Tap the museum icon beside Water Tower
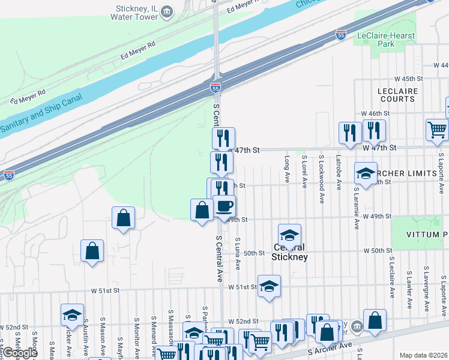[168, 11]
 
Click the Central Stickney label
[289, 252]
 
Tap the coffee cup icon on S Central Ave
[224, 206]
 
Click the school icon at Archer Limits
[366, 173]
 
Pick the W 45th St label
[409, 79]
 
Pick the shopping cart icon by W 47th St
[437, 130]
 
